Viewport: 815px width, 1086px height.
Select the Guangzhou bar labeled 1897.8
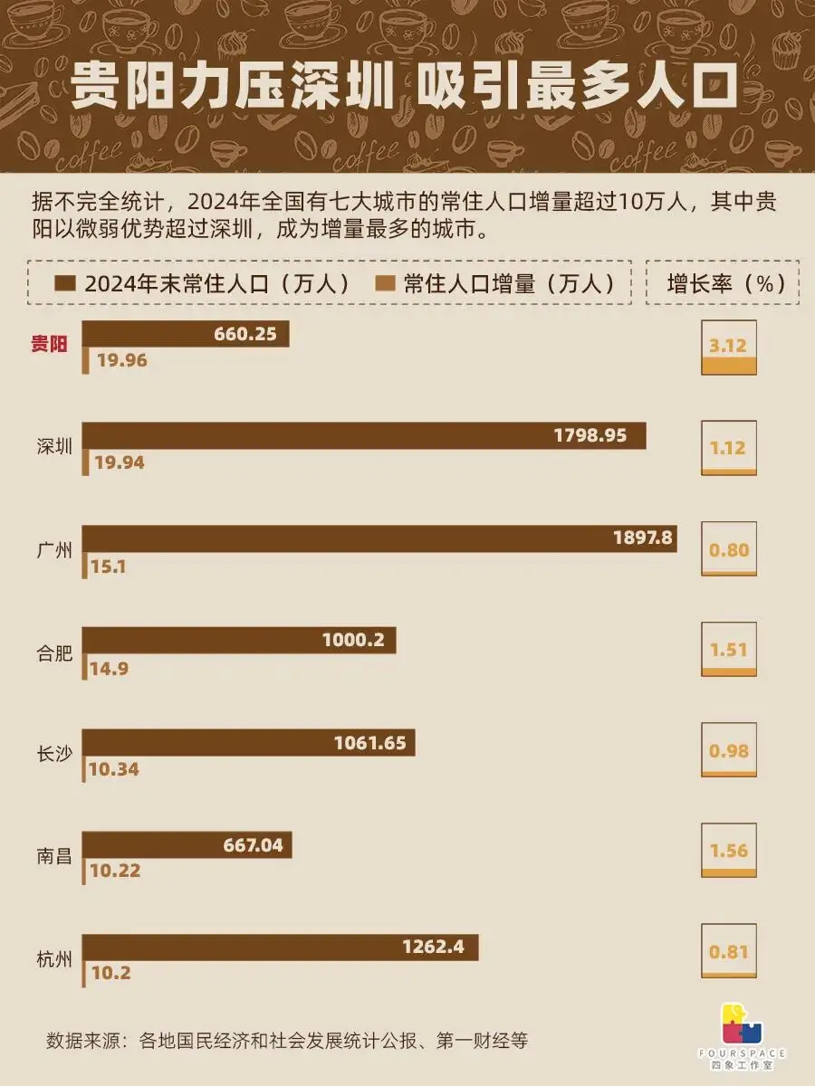pyautogui.click(x=379, y=538)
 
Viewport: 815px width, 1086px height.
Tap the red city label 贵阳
pyautogui.click(x=50, y=344)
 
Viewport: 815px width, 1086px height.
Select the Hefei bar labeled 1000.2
pyautogui.click(x=239, y=641)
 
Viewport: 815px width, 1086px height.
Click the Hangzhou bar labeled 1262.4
pyautogui.click(x=280, y=948)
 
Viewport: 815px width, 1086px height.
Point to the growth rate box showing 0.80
pyautogui.click(x=729, y=550)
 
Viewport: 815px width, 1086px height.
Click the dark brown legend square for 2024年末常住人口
pyautogui.click(x=64, y=283)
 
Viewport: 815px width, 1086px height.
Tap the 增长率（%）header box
pyautogui.click(x=723, y=283)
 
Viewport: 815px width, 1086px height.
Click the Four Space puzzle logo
pyautogui.click(x=741, y=1025)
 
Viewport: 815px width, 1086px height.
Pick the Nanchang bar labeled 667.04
pyautogui.click(x=187, y=845)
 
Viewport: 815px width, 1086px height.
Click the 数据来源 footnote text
pyautogui.click(x=286, y=1041)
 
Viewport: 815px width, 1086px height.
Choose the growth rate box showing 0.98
pyautogui.click(x=729, y=751)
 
